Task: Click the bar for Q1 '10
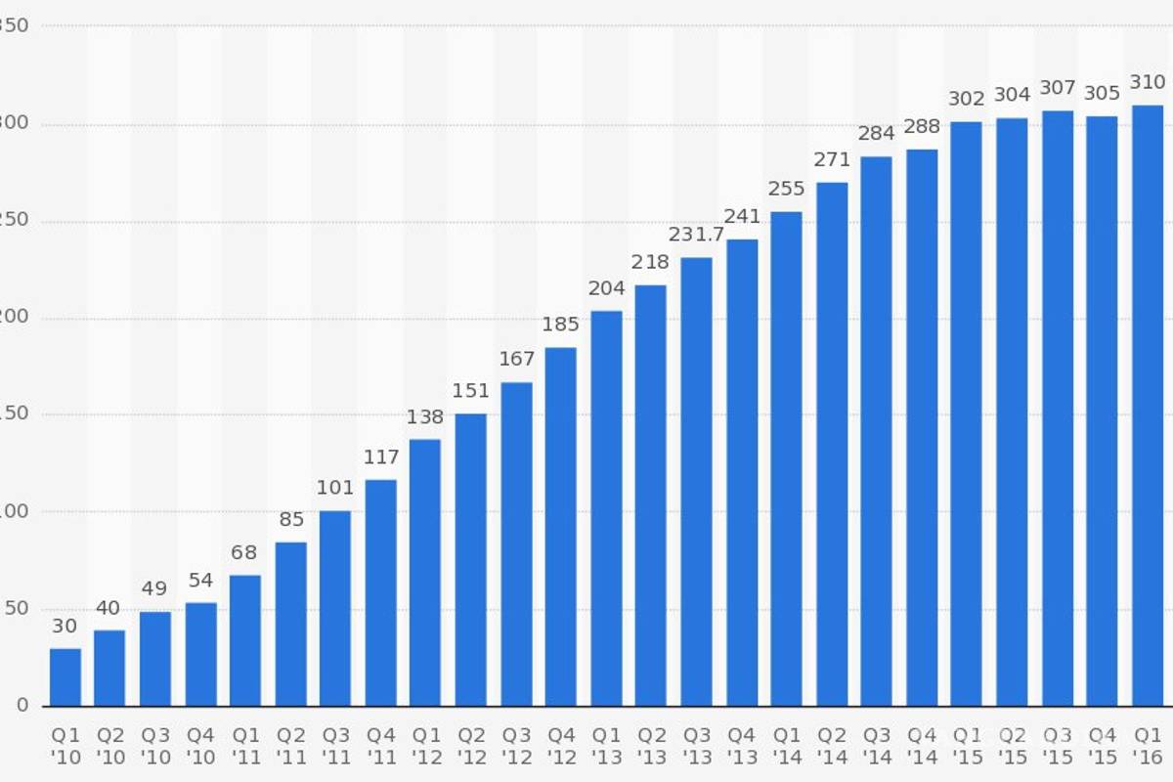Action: point(65,676)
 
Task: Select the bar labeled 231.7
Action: point(697,481)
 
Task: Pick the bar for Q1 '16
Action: point(1148,406)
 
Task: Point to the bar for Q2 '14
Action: point(832,444)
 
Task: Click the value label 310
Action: point(1148,82)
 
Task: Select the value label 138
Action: point(425,417)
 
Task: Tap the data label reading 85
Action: point(290,520)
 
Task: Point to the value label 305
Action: point(1102,94)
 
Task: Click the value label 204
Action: point(606,288)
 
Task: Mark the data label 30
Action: point(65,627)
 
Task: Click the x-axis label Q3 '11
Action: point(335,745)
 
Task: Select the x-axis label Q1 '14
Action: point(787,745)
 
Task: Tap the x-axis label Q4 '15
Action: point(1102,745)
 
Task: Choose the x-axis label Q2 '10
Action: point(109,745)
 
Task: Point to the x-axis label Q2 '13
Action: point(651,745)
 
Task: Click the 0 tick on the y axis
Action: point(22,706)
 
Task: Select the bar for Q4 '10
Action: point(200,654)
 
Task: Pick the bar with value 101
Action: point(335,608)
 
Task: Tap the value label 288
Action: point(922,126)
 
